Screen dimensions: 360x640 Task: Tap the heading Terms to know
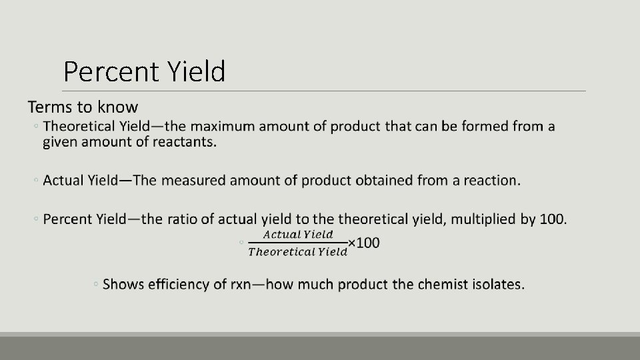coord(83,107)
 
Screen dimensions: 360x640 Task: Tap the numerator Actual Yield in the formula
coord(297,234)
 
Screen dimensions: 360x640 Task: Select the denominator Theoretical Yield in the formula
coord(297,251)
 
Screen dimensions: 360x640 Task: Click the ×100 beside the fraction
coord(364,243)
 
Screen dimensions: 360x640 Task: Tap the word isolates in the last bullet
coord(499,285)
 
